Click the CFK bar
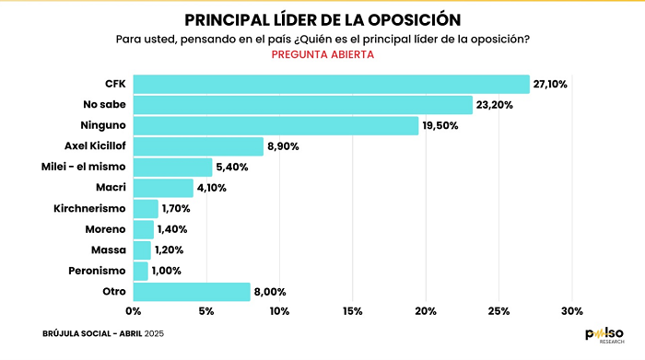[x=331, y=85]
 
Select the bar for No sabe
[x=303, y=105]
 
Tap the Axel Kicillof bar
[x=198, y=146]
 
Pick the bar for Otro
[x=192, y=292]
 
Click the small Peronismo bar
[x=141, y=272]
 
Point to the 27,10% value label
[x=550, y=85]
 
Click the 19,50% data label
[x=440, y=126]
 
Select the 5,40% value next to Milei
[x=232, y=168]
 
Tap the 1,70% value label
[x=176, y=209]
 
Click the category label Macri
[x=111, y=188]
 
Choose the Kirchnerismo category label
[x=89, y=208]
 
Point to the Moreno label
[x=105, y=229]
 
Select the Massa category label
[x=109, y=250]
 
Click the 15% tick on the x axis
[x=353, y=311]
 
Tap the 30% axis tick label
[x=572, y=311]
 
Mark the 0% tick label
[x=134, y=311]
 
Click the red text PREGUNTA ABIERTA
[x=322, y=54]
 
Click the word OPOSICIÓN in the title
[x=415, y=20]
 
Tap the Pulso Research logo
[x=604, y=335]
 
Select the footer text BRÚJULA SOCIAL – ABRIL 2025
[x=103, y=333]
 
